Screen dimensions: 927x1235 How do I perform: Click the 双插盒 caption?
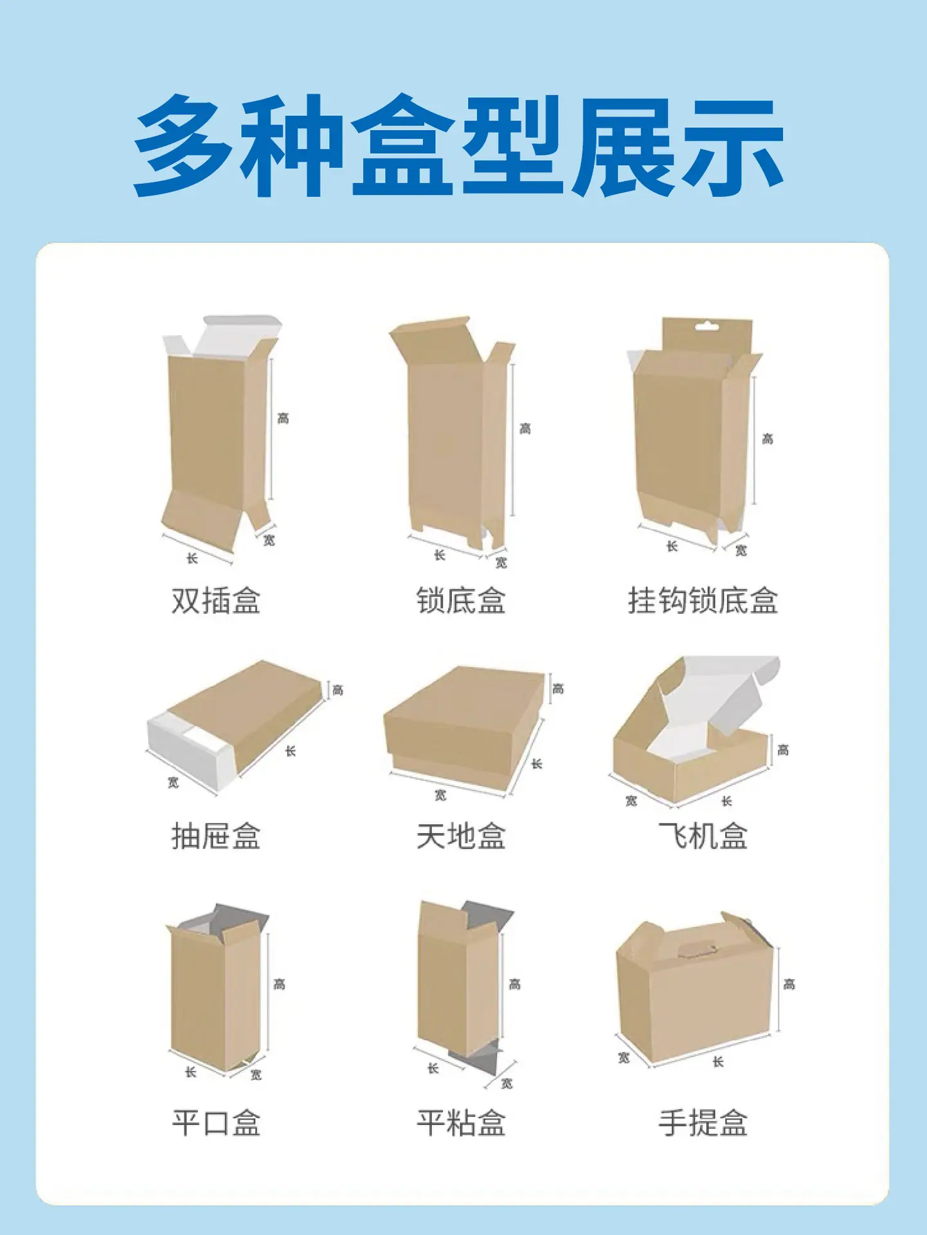pyautogui.click(x=216, y=601)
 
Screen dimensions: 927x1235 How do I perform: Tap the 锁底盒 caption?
pyautogui.click(x=461, y=601)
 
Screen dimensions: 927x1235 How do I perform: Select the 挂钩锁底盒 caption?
pyautogui.click(x=703, y=601)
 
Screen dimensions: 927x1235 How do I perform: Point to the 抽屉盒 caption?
pyautogui.click(x=216, y=836)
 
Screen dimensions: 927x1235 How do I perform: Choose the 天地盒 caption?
pyautogui.click(x=461, y=836)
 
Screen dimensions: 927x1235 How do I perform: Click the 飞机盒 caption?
pyautogui.click(x=703, y=836)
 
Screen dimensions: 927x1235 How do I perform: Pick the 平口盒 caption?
pyautogui.click(x=216, y=1123)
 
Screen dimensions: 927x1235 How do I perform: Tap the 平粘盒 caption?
pyautogui.click(x=461, y=1123)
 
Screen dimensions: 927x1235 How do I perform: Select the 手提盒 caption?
pyautogui.click(x=703, y=1123)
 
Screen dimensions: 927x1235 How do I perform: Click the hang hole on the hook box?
pyautogui.click(x=706, y=326)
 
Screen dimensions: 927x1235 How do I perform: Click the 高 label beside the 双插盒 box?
pyautogui.click(x=283, y=419)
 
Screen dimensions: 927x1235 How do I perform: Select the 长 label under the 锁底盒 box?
pyautogui.click(x=440, y=555)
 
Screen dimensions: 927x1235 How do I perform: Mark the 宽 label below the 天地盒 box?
pyautogui.click(x=440, y=796)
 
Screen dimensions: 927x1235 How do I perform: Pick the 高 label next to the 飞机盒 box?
pyautogui.click(x=783, y=750)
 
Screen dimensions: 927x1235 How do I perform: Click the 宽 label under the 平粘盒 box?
pyautogui.click(x=507, y=1084)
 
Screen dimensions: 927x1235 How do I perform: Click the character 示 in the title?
pyautogui.click(x=733, y=147)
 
